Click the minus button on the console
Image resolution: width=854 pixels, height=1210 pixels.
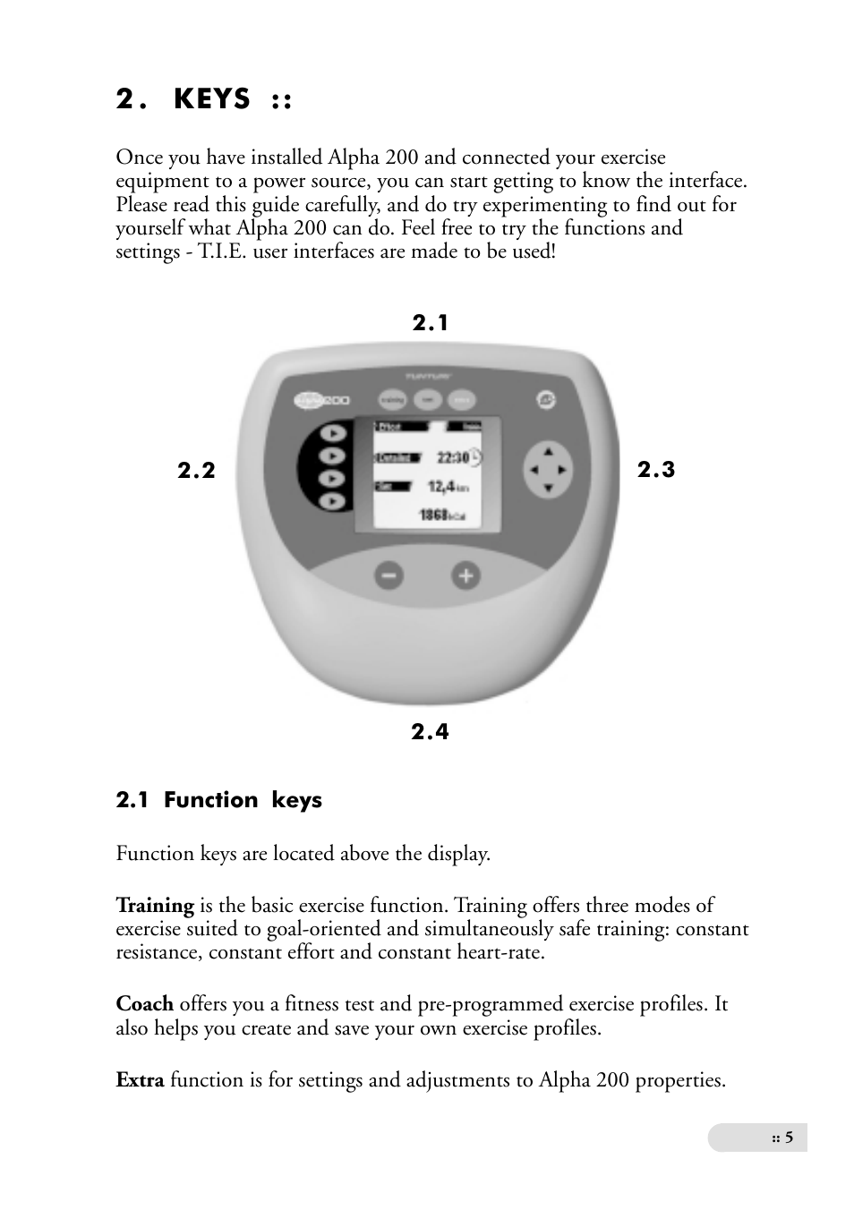pyautogui.click(x=389, y=576)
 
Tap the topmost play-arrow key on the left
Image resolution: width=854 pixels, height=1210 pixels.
pyautogui.click(x=332, y=433)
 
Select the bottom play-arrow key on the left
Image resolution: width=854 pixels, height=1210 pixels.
pyautogui.click(x=332, y=501)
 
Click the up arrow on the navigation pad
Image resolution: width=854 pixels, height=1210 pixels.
pyautogui.click(x=547, y=452)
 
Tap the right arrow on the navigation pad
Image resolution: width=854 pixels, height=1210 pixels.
pyautogui.click(x=563, y=469)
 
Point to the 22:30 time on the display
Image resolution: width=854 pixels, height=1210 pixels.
pyautogui.click(x=453, y=457)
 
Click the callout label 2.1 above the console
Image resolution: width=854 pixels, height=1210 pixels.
pyautogui.click(x=430, y=323)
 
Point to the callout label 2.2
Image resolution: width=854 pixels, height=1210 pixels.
pyautogui.click(x=196, y=471)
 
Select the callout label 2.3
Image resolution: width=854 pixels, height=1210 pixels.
pyautogui.click(x=656, y=470)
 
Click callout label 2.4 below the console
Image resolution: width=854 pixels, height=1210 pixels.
pyautogui.click(x=430, y=732)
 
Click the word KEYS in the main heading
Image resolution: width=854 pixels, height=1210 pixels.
pyautogui.click(x=212, y=99)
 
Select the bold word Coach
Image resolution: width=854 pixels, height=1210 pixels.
pyautogui.click(x=144, y=1004)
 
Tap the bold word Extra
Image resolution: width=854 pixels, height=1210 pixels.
pyautogui.click(x=140, y=1080)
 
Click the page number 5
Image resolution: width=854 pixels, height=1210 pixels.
pyautogui.click(x=789, y=1138)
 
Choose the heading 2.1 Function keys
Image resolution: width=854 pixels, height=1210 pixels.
pyautogui.click(x=218, y=800)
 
